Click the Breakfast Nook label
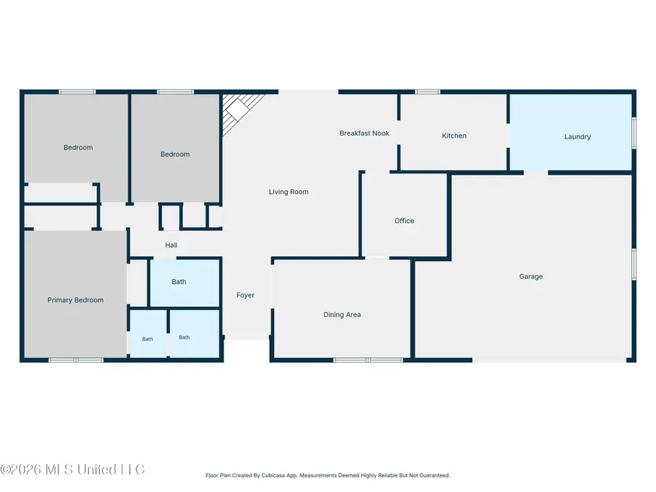tap(364, 133)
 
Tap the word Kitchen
tap(454, 136)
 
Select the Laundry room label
tap(577, 137)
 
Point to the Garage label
tap(531, 276)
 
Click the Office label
tap(404, 221)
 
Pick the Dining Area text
tap(342, 315)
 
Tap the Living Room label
tap(289, 192)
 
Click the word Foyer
tap(245, 295)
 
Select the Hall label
tap(171, 245)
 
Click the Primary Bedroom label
tap(75, 300)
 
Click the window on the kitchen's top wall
tap(427, 92)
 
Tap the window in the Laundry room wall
tap(634, 133)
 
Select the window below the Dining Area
tap(368, 360)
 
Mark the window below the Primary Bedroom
tap(76, 360)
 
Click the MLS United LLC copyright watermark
tap(72, 469)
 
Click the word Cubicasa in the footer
tap(273, 475)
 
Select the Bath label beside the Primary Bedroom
tap(147, 339)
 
